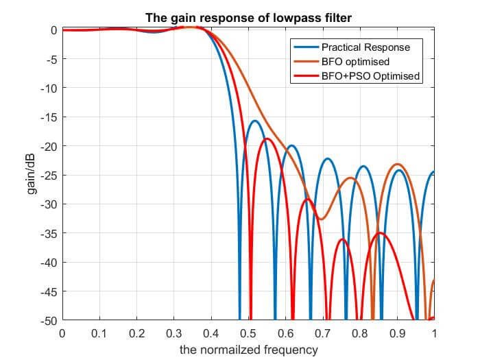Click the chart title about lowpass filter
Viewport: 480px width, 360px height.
pyautogui.click(x=248, y=17)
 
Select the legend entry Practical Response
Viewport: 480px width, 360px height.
pyautogui.click(x=366, y=48)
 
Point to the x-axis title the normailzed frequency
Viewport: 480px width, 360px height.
pyautogui.click(x=248, y=350)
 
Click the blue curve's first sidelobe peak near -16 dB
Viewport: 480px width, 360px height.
pyautogui.click(x=254, y=121)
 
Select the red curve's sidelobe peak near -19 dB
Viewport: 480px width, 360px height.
pyautogui.click(x=267, y=139)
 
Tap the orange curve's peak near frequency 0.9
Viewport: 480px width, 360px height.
pyautogui.click(x=397, y=165)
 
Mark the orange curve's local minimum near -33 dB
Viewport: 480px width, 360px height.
pyautogui.click(x=321, y=219)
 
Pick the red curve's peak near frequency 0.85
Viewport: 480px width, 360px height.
pyautogui.click(x=381, y=233)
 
